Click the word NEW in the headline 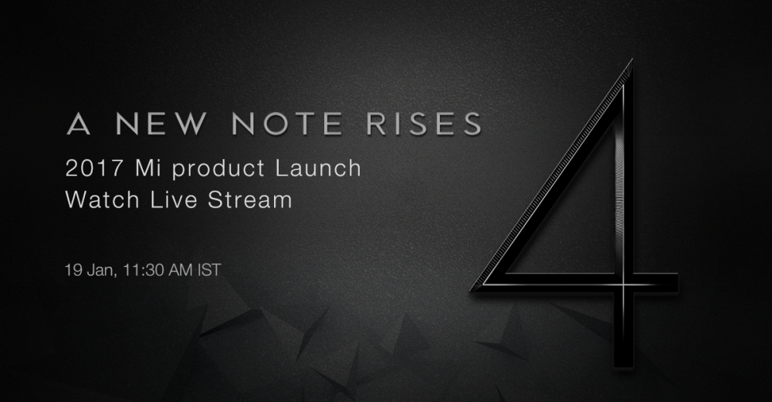[161, 124]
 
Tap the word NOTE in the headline [287, 124]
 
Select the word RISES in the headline [424, 124]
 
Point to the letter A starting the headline [78, 124]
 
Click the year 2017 [94, 169]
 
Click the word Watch [103, 199]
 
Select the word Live [174, 199]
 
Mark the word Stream [250, 199]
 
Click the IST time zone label [209, 270]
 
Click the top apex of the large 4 [631, 60]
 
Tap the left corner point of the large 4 [471, 290]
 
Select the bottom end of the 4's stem [623, 367]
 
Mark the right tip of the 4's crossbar [678, 284]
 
